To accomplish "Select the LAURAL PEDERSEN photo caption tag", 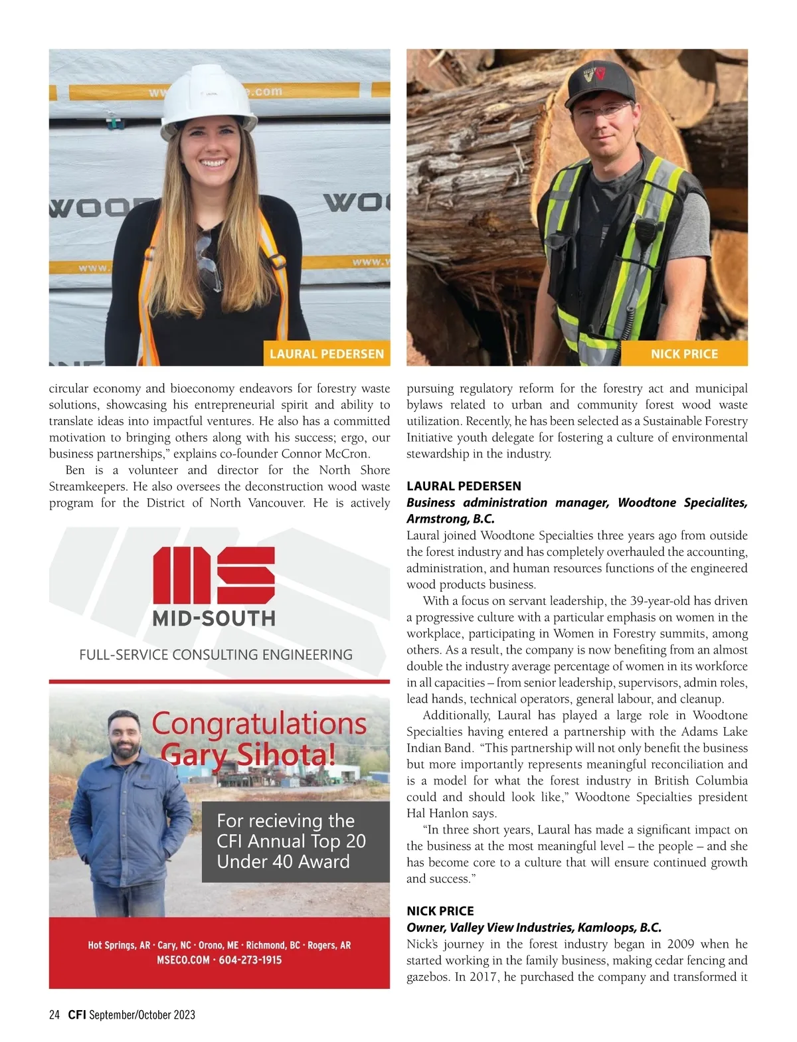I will click(x=326, y=354).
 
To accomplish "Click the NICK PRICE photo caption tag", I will click(x=684, y=354).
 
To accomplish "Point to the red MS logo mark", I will click(x=214, y=576).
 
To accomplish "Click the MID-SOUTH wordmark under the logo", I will click(x=214, y=619).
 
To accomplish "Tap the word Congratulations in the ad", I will click(x=259, y=724).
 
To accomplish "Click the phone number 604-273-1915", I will click(x=250, y=960).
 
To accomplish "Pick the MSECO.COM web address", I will click(x=183, y=960).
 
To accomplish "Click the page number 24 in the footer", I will click(x=54, y=1015).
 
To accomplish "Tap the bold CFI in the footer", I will click(x=77, y=1015).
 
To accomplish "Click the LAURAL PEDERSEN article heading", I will click(x=464, y=486).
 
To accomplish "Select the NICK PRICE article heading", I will click(x=440, y=911).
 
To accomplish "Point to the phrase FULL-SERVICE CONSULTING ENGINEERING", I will click(x=216, y=655).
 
